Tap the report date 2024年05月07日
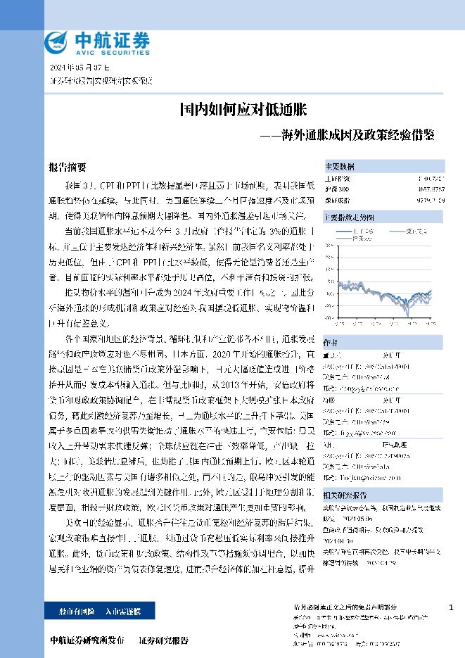[x=70, y=68]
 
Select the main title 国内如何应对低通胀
[x=232, y=110]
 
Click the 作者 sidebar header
[x=331, y=342]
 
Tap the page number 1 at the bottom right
[x=450, y=607]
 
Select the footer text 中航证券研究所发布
[x=87, y=640]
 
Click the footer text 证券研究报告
[x=164, y=640]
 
